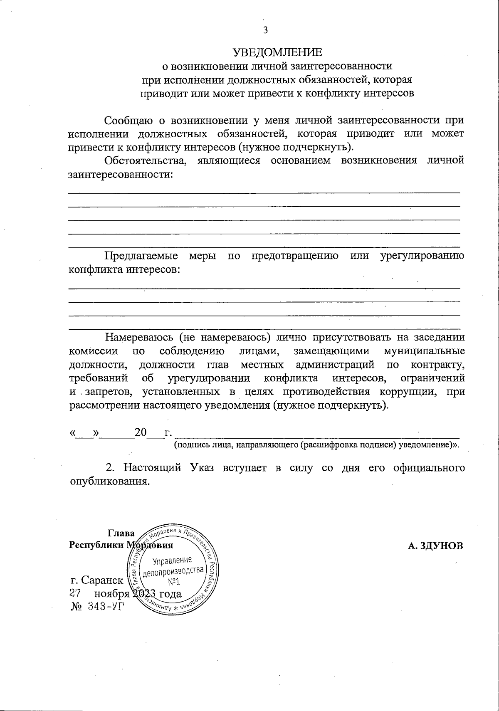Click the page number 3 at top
point(265,30)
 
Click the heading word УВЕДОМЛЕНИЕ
point(277,52)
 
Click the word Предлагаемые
point(141,256)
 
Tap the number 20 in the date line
point(141,433)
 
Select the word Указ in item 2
point(205,467)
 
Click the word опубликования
point(108,481)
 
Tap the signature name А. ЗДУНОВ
point(435,546)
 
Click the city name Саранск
point(102,580)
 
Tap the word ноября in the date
point(111,593)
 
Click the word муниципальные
point(424,351)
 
